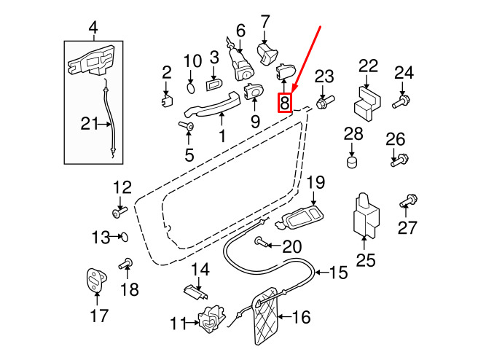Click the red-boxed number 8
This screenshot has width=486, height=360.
coord(285,103)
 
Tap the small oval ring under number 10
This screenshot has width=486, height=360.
coord(192,87)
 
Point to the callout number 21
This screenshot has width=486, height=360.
coord(90,124)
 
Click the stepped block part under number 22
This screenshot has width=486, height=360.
coord(367,103)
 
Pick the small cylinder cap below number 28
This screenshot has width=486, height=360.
coord(351,163)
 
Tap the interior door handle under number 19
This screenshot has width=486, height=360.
coord(299,218)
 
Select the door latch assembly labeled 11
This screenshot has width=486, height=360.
coord(212,318)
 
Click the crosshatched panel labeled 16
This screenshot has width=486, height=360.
coord(266,316)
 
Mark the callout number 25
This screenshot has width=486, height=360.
coord(366,260)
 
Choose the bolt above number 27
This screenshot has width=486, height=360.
coord(409,200)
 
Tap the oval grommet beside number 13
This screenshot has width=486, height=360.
coord(124,238)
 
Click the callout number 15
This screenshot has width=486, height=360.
coord(339,273)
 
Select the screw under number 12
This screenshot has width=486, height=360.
coord(119,212)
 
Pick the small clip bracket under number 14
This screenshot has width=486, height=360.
coord(195,292)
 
